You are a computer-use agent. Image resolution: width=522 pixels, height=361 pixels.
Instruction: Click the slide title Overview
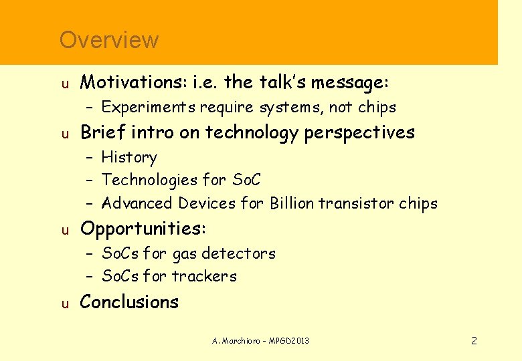click(108, 40)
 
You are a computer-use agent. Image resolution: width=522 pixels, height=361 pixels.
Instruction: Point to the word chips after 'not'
click(377, 108)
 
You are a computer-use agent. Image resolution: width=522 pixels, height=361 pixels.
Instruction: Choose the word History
click(129, 158)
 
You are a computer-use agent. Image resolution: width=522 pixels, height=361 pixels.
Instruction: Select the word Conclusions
click(129, 302)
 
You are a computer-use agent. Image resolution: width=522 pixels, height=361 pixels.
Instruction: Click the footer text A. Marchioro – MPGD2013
click(260, 341)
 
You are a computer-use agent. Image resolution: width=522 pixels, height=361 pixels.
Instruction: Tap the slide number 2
click(474, 341)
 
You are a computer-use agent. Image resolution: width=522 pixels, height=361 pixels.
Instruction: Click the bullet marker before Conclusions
click(64, 304)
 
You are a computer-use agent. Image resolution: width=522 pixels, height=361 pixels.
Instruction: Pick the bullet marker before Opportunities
click(64, 230)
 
